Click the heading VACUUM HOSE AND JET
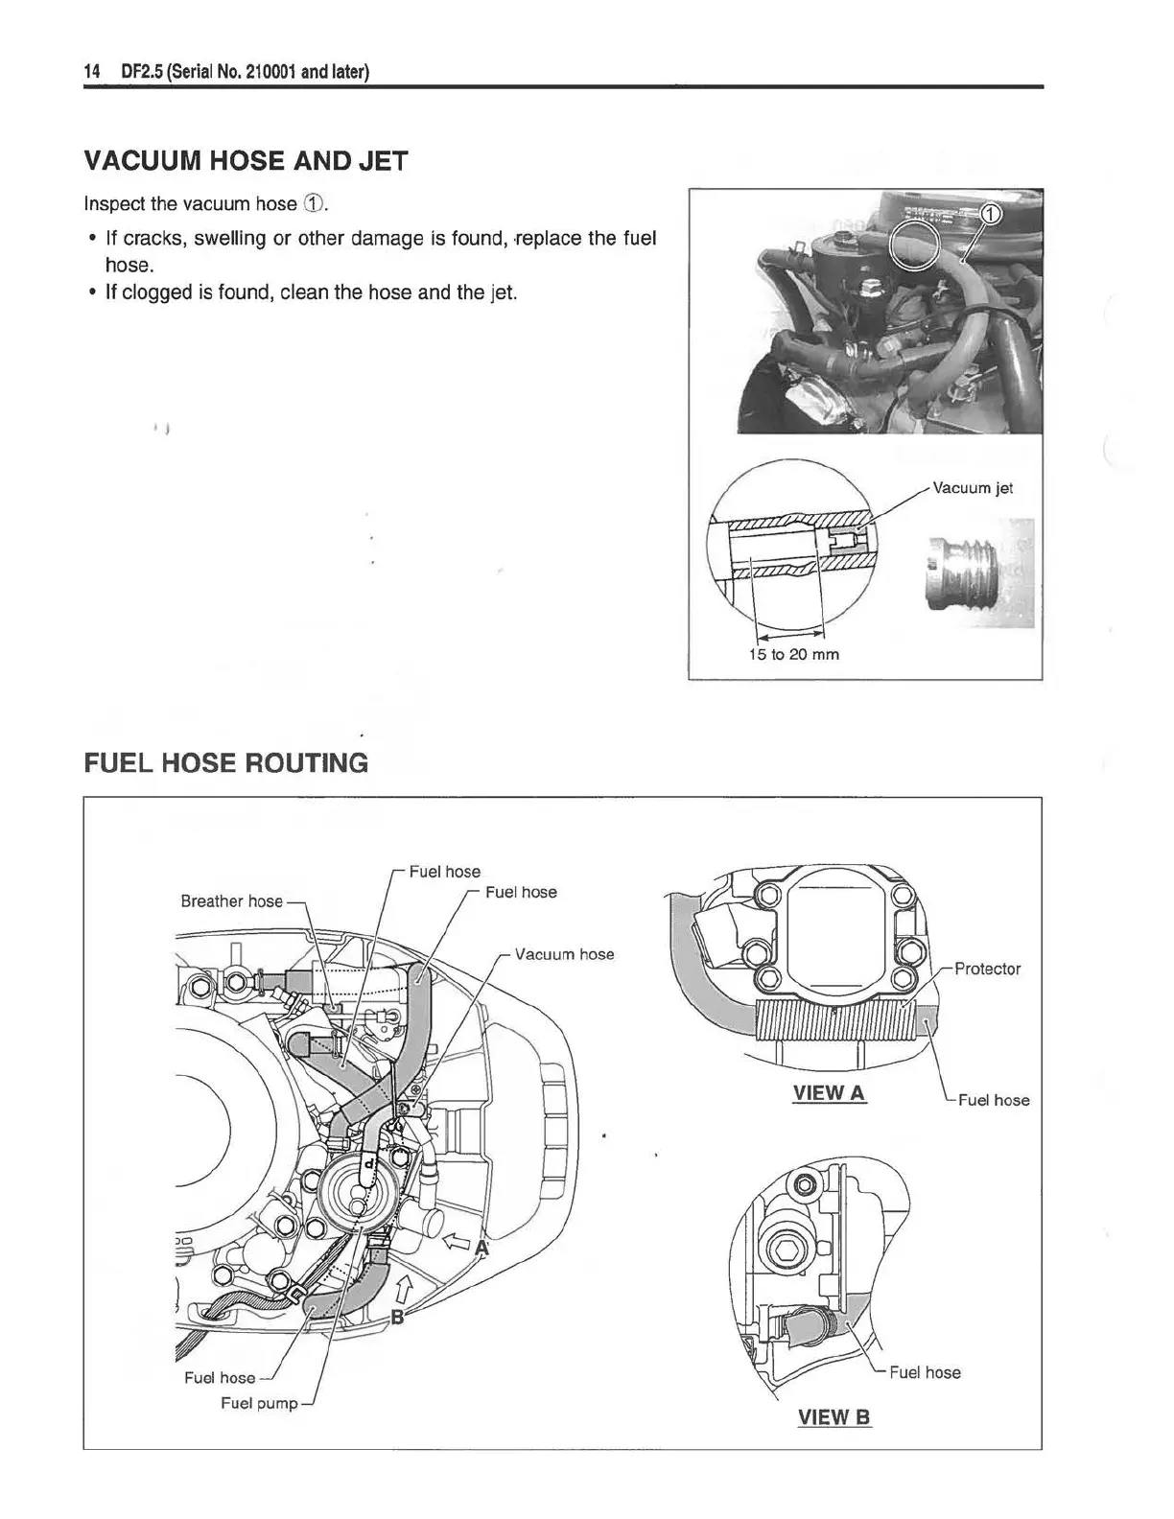click(246, 161)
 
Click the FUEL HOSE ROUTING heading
click(226, 763)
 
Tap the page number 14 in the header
click(93, 72)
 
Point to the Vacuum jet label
click(973, 488)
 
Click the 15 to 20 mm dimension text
click(793, 655)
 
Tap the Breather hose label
click(231, 901)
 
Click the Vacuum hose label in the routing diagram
click(564, 954)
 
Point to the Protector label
click(987, 969)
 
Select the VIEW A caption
click(829, 1092)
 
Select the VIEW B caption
click(834, 1416)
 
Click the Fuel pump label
click(259, 1403)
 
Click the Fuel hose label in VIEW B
click(925, 1372)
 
